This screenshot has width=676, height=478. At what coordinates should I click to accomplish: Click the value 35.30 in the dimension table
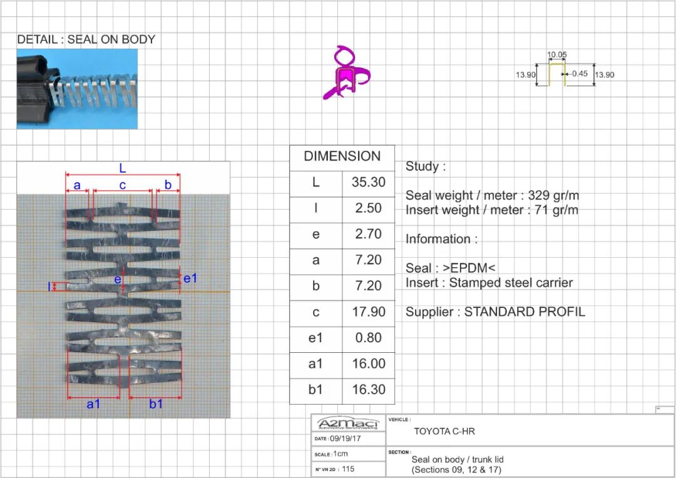368,182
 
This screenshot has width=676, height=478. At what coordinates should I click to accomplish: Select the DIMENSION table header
342,156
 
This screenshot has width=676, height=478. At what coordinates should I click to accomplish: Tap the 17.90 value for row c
369,312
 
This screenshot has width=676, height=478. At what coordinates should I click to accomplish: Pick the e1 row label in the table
315,338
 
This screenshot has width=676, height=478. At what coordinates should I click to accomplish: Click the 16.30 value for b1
369,389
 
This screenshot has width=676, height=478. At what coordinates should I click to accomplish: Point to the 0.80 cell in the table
369,337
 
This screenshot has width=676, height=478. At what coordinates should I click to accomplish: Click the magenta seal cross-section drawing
346,73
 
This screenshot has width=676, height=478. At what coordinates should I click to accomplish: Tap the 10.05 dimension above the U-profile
557,54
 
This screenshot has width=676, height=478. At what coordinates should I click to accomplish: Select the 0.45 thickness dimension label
580,74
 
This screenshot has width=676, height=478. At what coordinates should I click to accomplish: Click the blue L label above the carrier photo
123,168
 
